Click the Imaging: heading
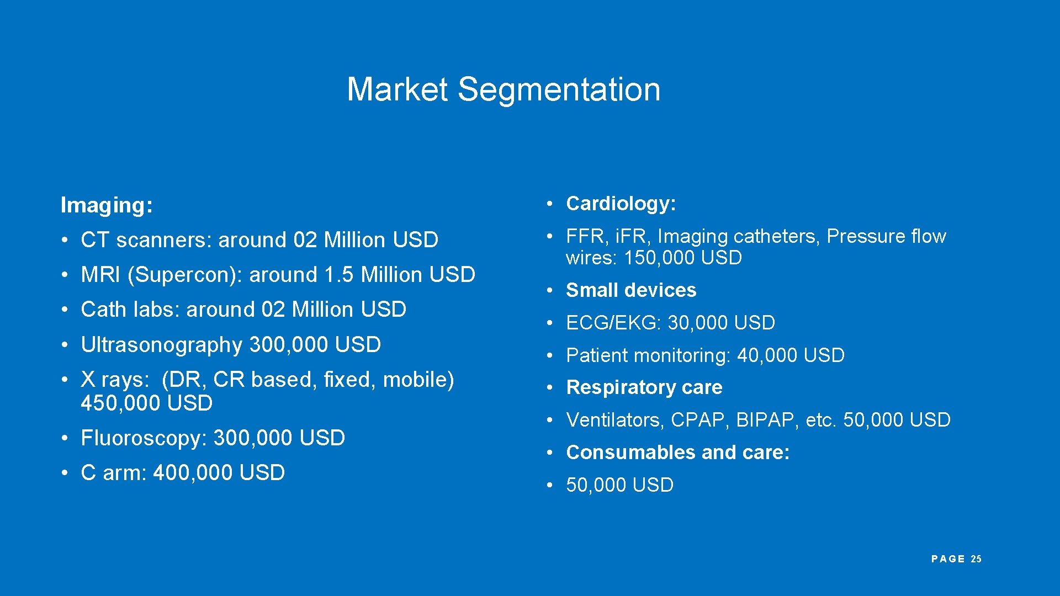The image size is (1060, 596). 107,205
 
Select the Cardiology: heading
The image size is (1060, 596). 621,204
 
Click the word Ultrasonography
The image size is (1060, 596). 161,345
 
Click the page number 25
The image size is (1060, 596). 976,559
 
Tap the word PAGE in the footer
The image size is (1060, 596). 947,559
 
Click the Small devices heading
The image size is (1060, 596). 631,290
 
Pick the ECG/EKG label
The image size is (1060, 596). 612,323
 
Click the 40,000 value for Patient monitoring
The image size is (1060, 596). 767,355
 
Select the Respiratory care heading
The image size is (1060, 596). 644,387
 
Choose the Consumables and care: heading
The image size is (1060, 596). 677,453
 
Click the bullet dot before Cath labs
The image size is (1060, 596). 65,310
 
